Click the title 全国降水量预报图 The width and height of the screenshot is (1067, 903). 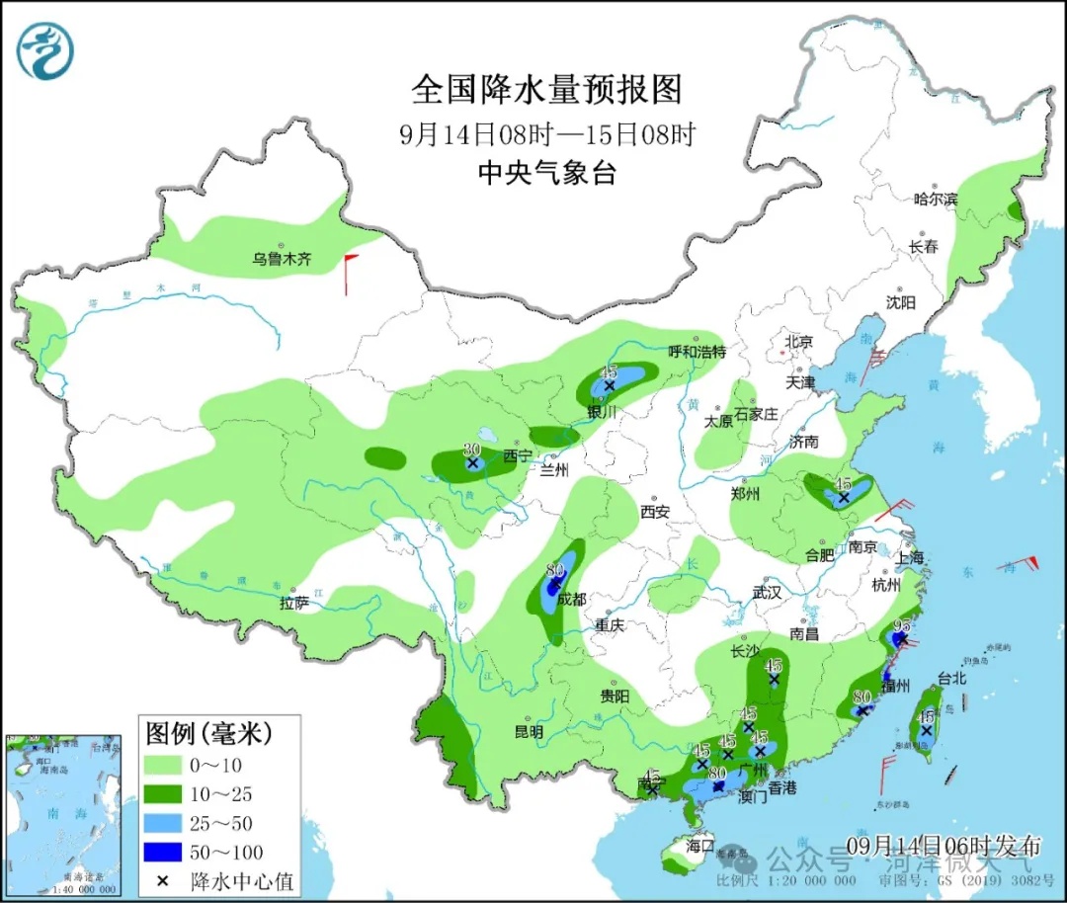pos(546,90)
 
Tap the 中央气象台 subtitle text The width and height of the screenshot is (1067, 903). pos(546,173)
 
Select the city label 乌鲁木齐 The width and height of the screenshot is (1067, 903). pos(281,260)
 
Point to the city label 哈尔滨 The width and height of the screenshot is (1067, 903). pos(936,199)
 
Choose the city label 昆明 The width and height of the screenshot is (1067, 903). pos(529,732)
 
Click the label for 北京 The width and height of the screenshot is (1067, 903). pos(798,342)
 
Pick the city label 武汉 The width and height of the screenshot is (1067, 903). pos(767,592)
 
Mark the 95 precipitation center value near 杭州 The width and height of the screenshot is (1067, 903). pos(901,624)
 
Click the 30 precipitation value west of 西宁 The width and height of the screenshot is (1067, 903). pos(472,448)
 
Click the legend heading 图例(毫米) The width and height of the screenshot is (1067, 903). pos(208,734)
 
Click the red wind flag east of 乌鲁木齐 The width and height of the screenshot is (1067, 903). pos(348,274)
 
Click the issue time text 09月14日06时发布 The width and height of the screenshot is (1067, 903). pos(944,846)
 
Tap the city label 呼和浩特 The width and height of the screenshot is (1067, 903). pos(697,352)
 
